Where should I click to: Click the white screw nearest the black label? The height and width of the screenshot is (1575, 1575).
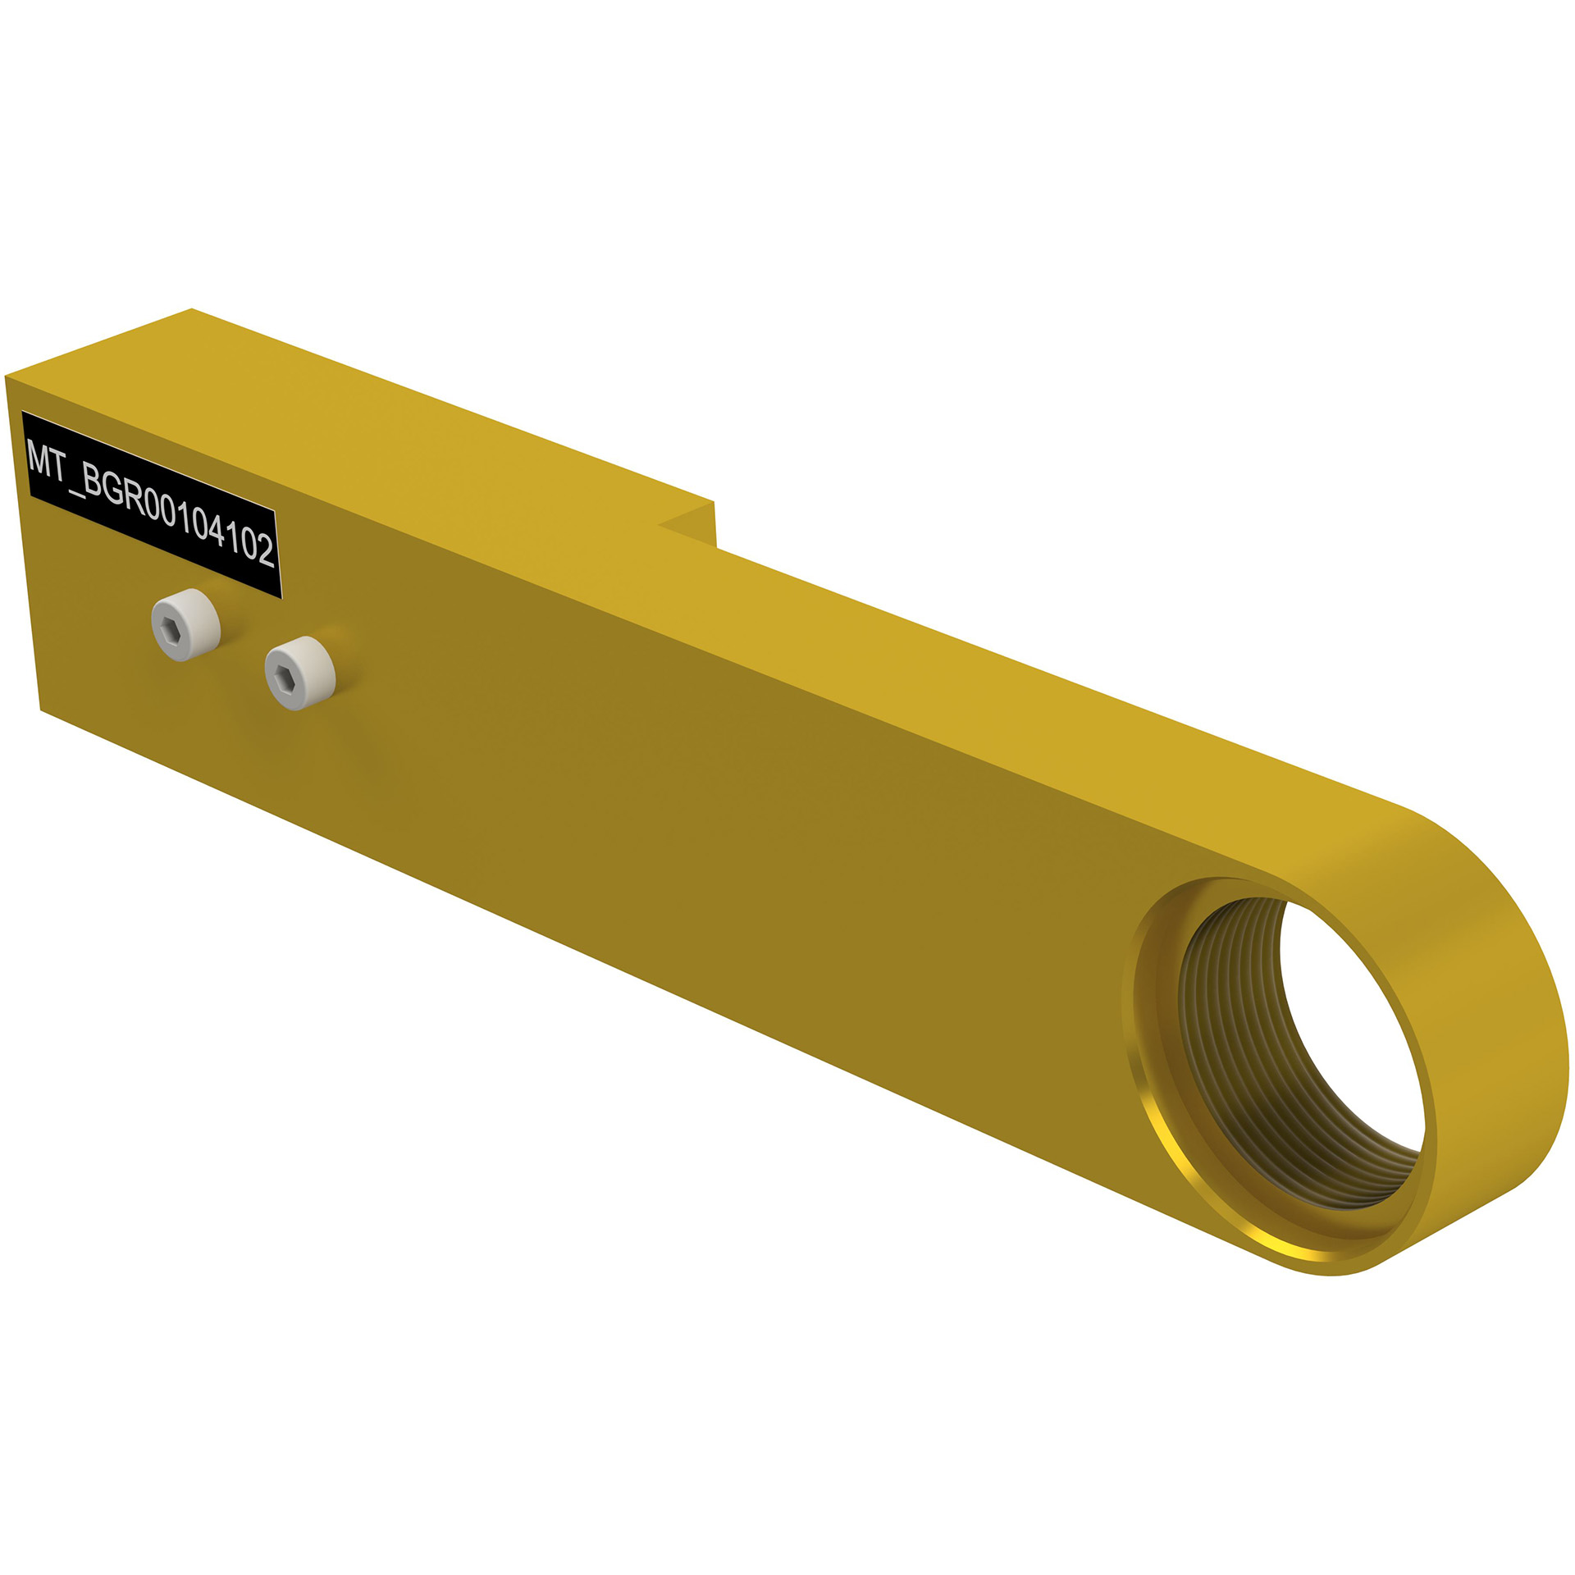pyautogui.click(x=186, y=624)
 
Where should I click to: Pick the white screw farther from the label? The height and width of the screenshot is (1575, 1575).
pyautogui.click(x=300, y=673)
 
